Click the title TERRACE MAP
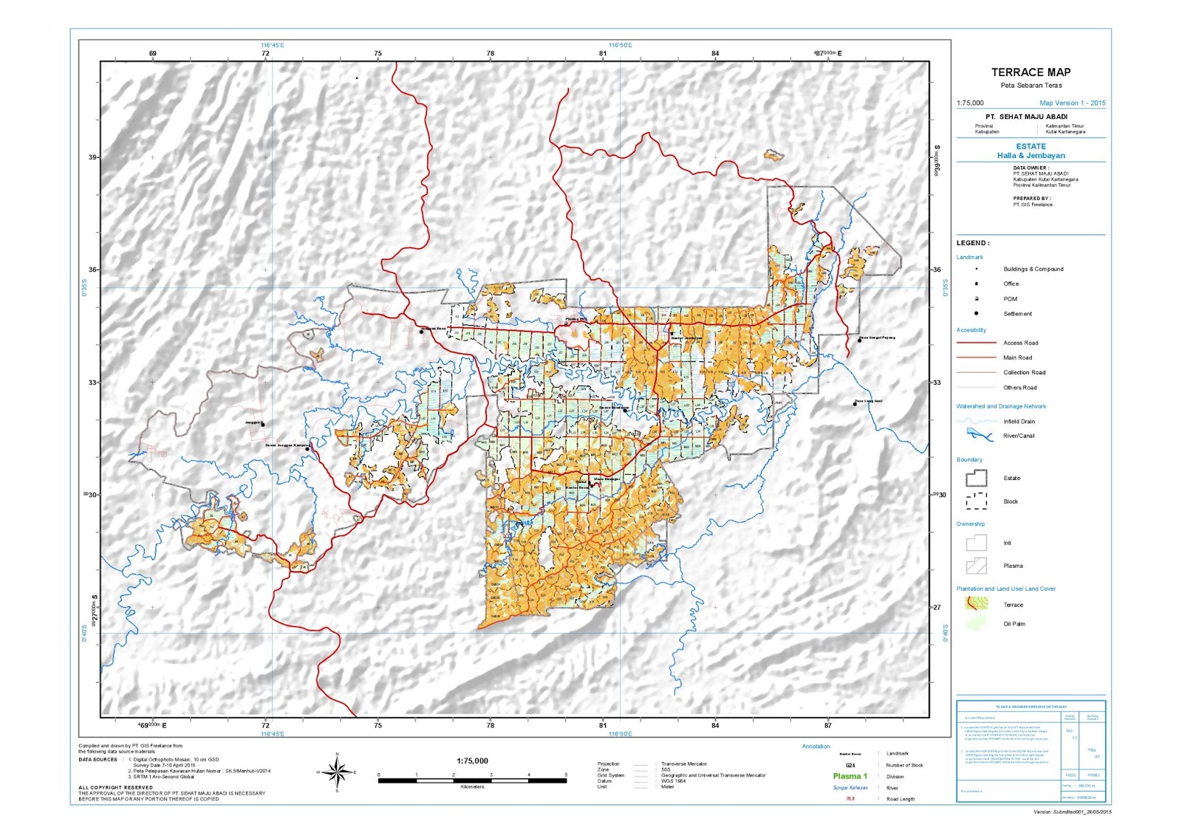click(x=1031, y=72)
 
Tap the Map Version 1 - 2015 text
click(x=1072, y=103)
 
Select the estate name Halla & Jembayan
click(x=1031, y=156)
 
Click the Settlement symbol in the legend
click(x=977, y=314)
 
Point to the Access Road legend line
click(x=976, y=343)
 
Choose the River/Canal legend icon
click(x=976, y=435)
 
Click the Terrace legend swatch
click(x=976, y=603)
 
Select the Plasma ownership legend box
click(x=976, y=566)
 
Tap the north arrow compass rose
click(x=338, y=772)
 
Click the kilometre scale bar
click(x=472, y=780)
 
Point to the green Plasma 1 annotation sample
click(x=850, y=776)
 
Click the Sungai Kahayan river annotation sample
click(x=850, y=788)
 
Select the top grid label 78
click(x=491, y=54)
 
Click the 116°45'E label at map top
click(x=272, y=45)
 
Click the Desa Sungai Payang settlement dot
click(x=859, y=340)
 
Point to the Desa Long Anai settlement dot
click(x=855, y=404)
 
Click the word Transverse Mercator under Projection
click(x=684, y=764)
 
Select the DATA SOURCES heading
click(x=98, y=759)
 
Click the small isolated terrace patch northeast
click(x=773, y=156)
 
